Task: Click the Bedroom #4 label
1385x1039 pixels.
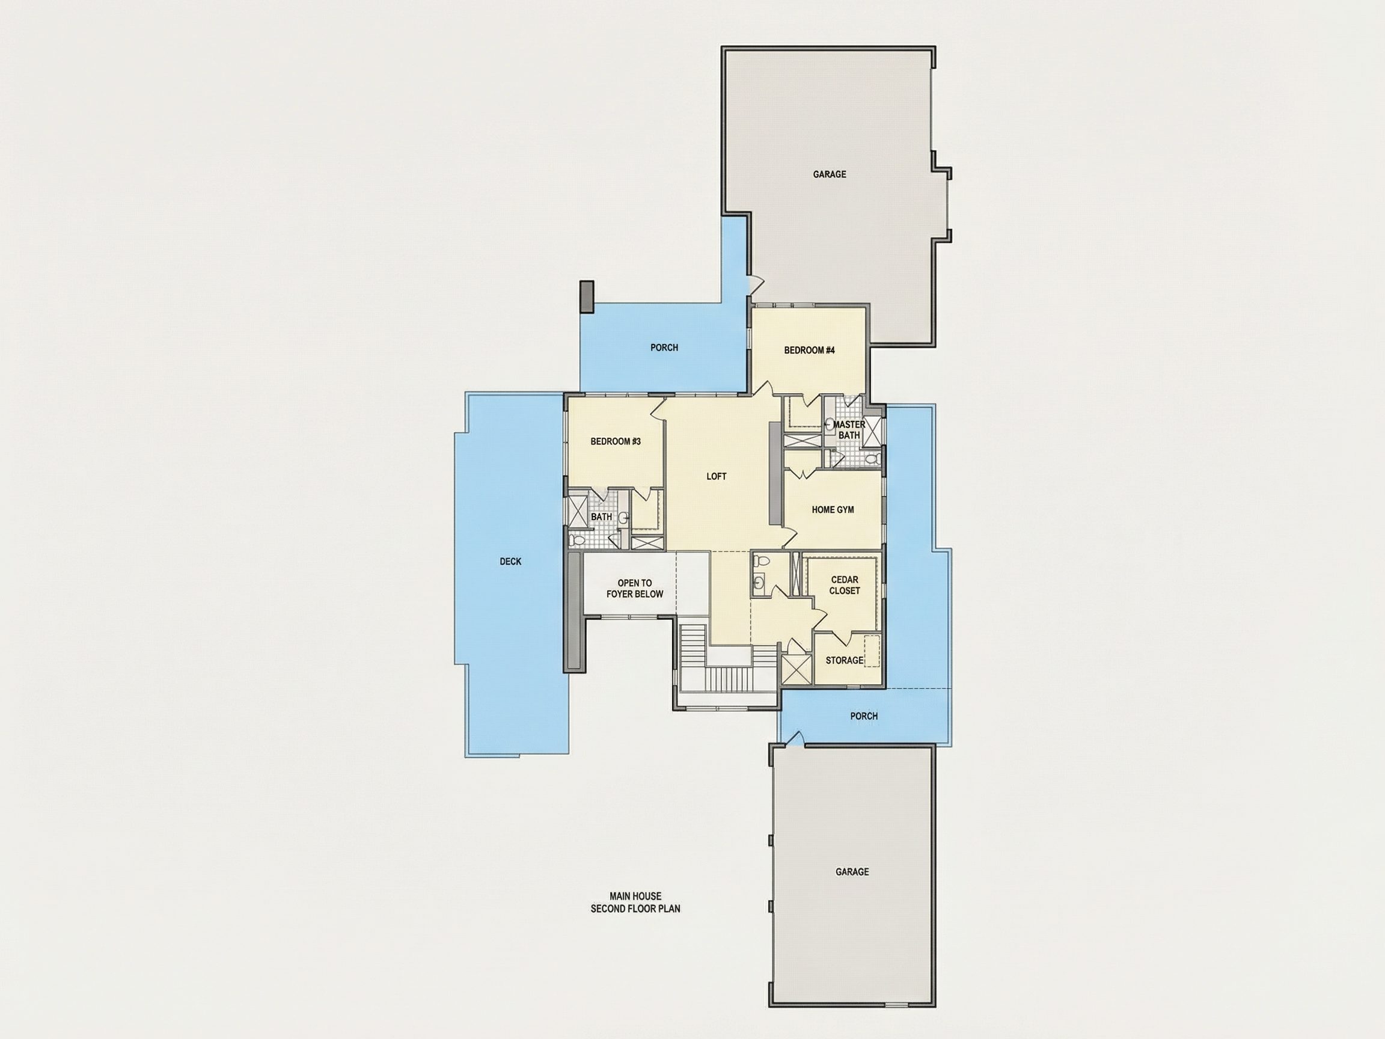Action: pos(809,350)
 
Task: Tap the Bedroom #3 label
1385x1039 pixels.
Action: pos(616,441)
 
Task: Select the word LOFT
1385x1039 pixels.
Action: pos(717,477)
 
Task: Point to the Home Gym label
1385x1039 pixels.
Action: pos(833,510)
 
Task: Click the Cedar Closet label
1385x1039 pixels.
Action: pos(845,585)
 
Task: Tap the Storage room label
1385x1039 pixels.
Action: pos(845,660)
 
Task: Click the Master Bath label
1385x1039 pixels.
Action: pos(849,430)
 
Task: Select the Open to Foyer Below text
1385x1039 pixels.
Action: pos(635,589)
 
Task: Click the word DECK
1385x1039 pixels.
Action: pos(510,562)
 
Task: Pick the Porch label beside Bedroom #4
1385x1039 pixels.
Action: pos(664,348)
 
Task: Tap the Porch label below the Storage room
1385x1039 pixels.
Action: pos(864,716)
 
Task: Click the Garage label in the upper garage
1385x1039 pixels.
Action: pos(830,174)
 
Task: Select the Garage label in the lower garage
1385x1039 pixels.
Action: pos(852,872)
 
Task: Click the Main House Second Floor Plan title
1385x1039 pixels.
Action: pos(635,903)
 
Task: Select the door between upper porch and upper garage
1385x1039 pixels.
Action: pos(756,284)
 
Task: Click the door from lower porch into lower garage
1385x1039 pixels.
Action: pos(795,739)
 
